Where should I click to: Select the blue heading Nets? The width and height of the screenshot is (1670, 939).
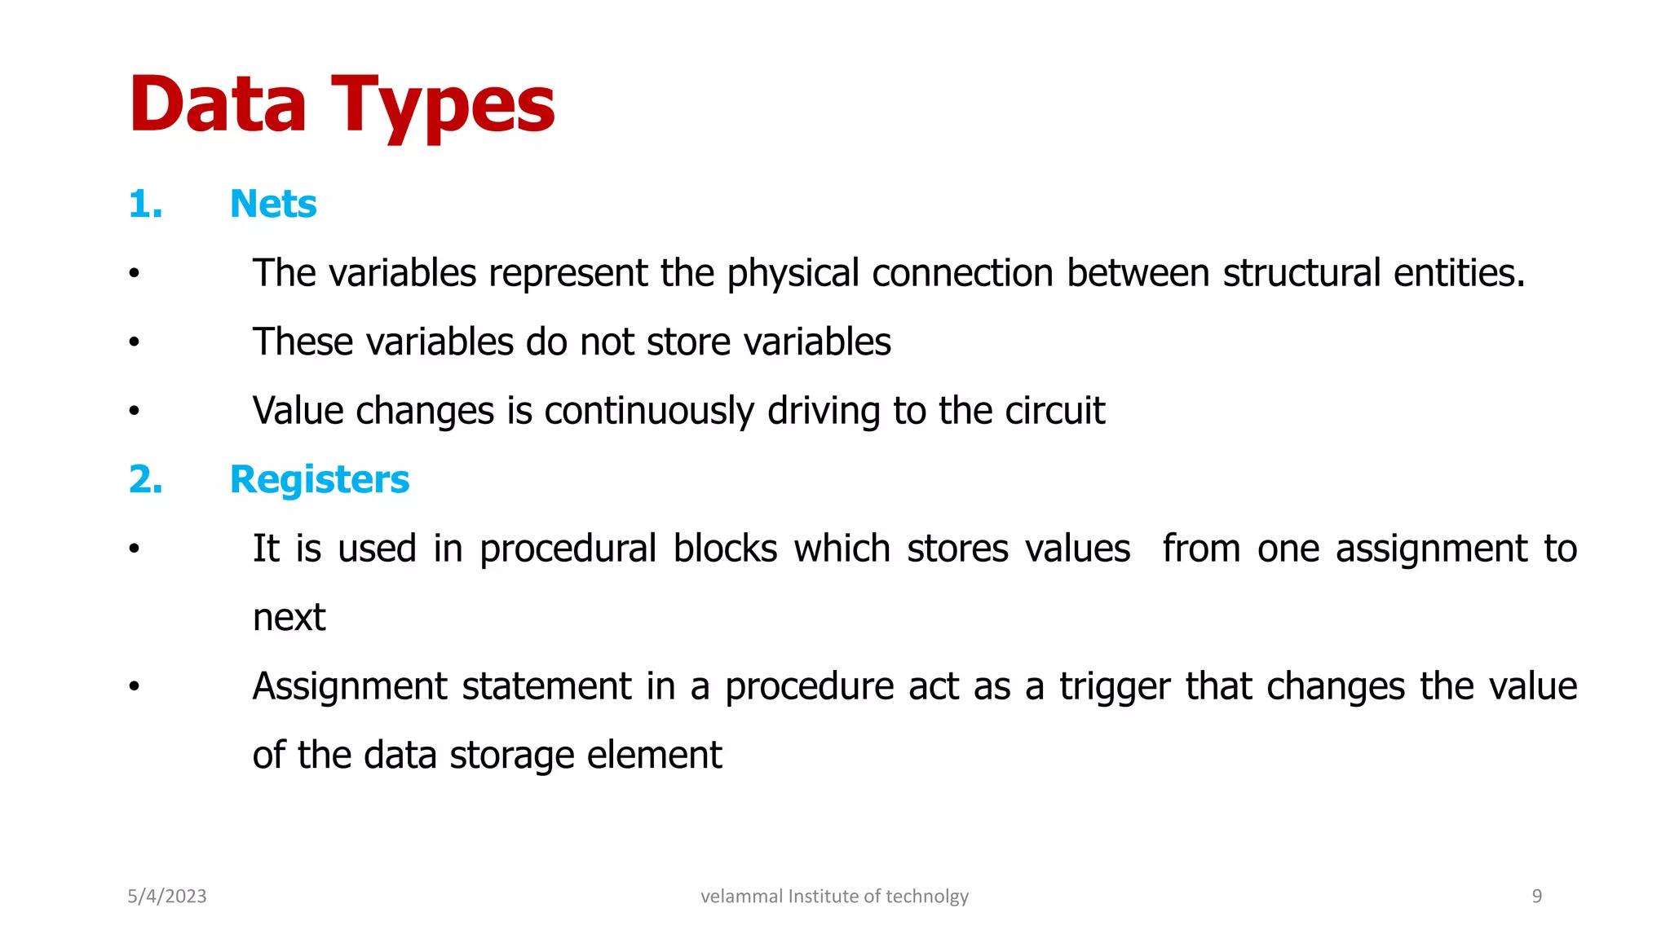point(273,204)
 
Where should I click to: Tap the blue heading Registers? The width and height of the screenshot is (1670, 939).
point(320,479)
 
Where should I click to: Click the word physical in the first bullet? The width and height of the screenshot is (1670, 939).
point(793,274)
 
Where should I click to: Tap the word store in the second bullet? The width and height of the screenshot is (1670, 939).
point(688,342)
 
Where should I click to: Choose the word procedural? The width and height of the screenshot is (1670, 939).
point(568,549)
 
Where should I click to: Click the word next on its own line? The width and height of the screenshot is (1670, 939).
point(289,618)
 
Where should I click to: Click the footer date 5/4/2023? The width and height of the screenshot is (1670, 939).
point(167,897)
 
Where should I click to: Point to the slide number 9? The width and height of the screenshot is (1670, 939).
point(1536,897)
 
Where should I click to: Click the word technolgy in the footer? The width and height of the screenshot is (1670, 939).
point(927,897)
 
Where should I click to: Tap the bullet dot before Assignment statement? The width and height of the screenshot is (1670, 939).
point(134,687)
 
